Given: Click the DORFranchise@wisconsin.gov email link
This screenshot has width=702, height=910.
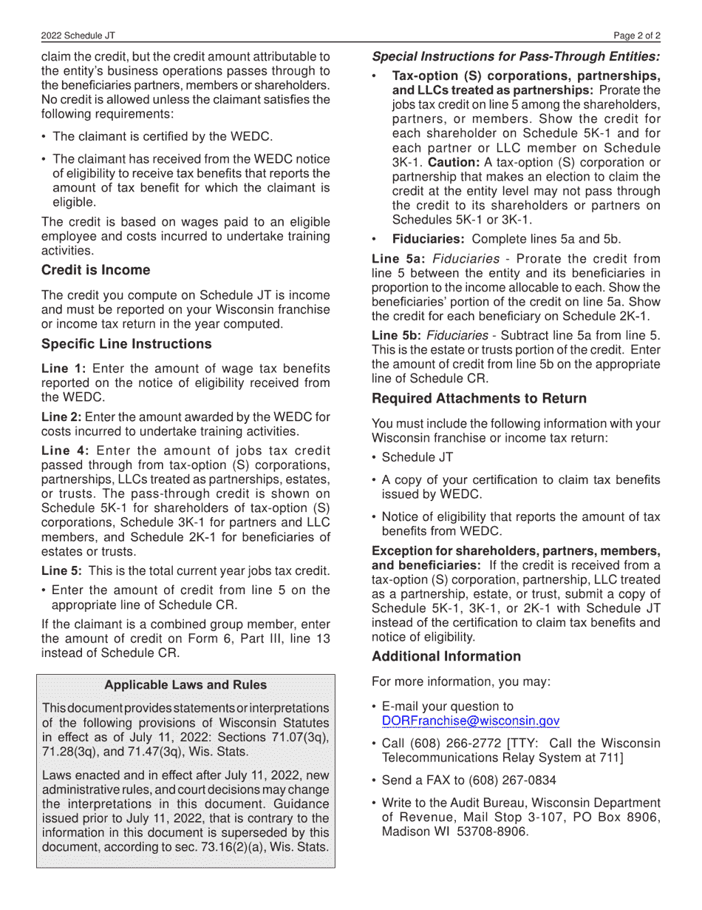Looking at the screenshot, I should click(x=470, y=721).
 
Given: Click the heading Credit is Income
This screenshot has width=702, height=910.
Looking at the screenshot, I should click(x=95, y=270).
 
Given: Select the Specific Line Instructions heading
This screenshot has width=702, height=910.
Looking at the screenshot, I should click(x=126, y=344).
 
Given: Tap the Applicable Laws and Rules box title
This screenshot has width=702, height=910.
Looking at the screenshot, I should click(x=185, y=685).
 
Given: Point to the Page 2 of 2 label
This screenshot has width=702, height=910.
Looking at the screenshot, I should click(x=637, y=36).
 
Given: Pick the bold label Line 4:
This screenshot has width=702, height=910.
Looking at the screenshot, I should click(x=65, y=451).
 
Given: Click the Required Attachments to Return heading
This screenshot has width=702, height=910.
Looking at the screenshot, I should click(x=479, y=399).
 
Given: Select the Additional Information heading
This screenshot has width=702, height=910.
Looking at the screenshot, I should click(x=446, y=656).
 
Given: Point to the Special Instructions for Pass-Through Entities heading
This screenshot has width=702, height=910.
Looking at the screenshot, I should click(x=516, y=56).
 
